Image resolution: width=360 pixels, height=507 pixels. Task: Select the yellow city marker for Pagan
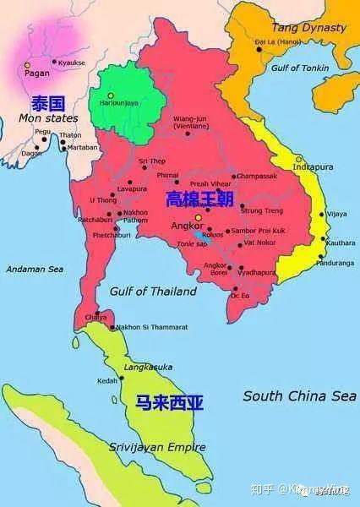point(27,65)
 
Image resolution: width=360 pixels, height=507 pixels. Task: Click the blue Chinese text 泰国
point(48,103)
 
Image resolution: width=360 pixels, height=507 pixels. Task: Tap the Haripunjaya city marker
point(111,95)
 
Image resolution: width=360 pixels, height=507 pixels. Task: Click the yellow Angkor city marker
point(199,218)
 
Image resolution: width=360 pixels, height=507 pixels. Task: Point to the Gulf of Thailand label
point(152,291)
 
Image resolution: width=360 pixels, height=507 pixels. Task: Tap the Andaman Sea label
point(35,269)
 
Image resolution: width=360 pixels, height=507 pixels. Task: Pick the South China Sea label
point(299,395)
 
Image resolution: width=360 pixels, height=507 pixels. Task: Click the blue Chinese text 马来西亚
point(169,403)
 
